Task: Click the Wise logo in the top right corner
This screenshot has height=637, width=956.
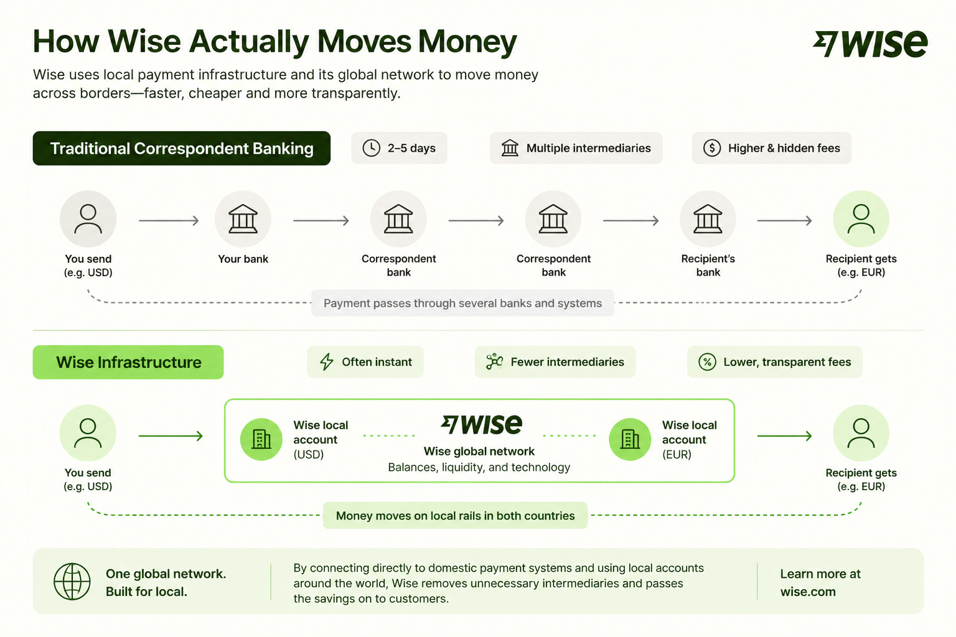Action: pyautogui.click(x=869, y=44)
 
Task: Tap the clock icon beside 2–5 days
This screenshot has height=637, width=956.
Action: pyautogui.click(x=372, y=148)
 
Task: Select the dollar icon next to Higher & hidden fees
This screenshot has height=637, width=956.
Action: pyautogui.click(x=712, y=148)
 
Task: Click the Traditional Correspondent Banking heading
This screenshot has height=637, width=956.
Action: pyautogui.click(x=181, y=148)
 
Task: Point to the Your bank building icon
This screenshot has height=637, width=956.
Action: pyautogui.click(x=243, y=219)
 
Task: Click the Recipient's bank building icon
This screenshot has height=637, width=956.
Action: pyautogui.click(x=708, y=219)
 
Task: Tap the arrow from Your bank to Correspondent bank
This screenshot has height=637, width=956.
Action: pyautogui.click(x=321, y=221)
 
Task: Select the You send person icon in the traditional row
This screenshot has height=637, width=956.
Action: pyautogui.click(x=88, y=219)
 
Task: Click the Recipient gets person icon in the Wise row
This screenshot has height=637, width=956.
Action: pyautogui.click(x=861, y=433)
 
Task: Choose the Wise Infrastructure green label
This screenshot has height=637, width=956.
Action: pyautogui.click(x=128, y=362)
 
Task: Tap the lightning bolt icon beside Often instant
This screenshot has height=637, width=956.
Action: pyautogui.click(x=327, y=362)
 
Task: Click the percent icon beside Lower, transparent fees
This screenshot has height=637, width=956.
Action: pyautogui.click(x=707, y=362)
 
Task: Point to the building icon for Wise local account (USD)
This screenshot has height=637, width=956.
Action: pyautogui.click(x=261, y=439)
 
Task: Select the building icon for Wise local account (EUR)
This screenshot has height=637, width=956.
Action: pyautogui.click(x=630, y=439)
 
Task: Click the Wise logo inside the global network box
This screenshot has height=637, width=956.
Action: pyautogui.click(x=481, y=424)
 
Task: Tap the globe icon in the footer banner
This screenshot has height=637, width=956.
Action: pyautogui.click(x=72, y=582)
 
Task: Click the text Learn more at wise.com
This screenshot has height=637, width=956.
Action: pyautogui.click(x=820, y=583)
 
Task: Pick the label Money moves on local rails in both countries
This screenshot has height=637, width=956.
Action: pyautogui.click(x=456, y=516)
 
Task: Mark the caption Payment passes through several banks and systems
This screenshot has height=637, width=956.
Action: pyautogui.click(x=462, y=303)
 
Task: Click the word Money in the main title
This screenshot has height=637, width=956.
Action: pyautogui.click(x=467, y=42)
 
